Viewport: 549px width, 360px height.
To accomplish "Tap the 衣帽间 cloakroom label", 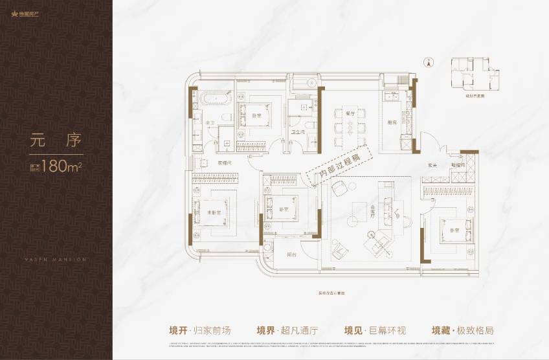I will (224, 163).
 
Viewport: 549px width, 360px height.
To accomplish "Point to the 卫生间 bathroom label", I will (298, 130).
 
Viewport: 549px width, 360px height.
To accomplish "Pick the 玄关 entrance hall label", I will (432, 165).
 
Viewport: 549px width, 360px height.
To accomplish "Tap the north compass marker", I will (427, 63).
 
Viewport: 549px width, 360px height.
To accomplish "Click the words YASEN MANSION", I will (56, 259).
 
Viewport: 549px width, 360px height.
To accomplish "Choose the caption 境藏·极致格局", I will (463, 330).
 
